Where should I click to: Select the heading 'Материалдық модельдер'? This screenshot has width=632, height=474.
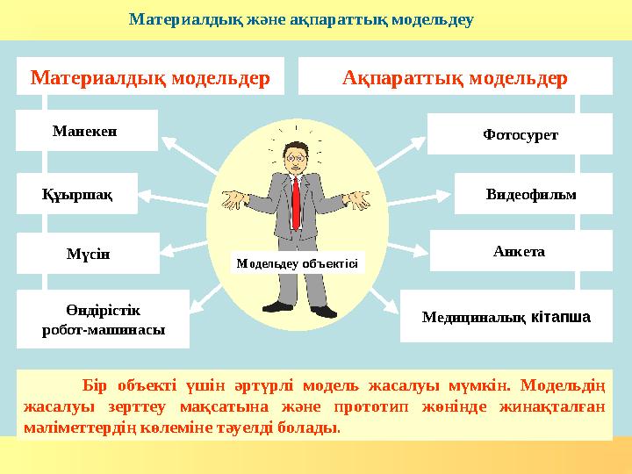(150, 76)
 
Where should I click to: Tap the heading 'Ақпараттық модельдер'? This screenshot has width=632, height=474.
(455, 76)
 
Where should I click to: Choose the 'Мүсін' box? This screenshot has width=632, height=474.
(88, 254)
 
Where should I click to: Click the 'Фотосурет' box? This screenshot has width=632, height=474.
(520, 134)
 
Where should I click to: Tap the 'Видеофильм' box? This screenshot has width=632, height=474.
(532, 194)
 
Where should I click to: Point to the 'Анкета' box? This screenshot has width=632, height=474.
(520, 251)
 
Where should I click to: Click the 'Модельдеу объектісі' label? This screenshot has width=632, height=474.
(297, 262)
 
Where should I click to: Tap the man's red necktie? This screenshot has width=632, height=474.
(296, 200)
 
